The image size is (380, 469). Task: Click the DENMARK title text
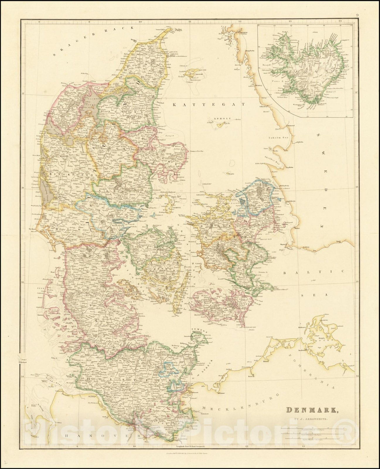(311, 410)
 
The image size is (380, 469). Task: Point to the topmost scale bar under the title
(312, 429)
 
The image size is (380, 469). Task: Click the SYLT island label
(39, 288)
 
